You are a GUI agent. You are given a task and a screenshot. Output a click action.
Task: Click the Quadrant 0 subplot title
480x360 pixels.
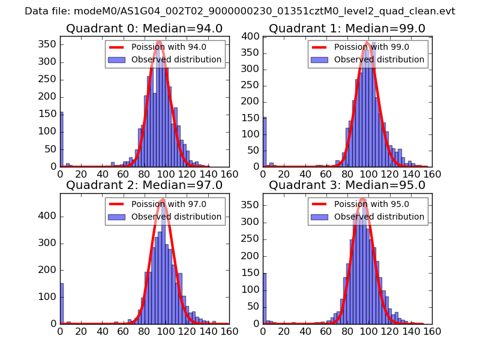click(144, 29)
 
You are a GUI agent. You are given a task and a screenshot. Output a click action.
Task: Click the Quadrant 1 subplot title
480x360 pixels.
click(347, 29)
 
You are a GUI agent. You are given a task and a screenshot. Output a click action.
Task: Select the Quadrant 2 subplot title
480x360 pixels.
click(144, 185)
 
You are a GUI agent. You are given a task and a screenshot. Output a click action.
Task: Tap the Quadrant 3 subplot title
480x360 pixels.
click(347, 185)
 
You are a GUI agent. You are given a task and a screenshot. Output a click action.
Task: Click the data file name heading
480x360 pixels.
click(240, 11)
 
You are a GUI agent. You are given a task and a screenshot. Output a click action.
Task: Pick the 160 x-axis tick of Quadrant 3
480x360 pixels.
click(432, 331)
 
